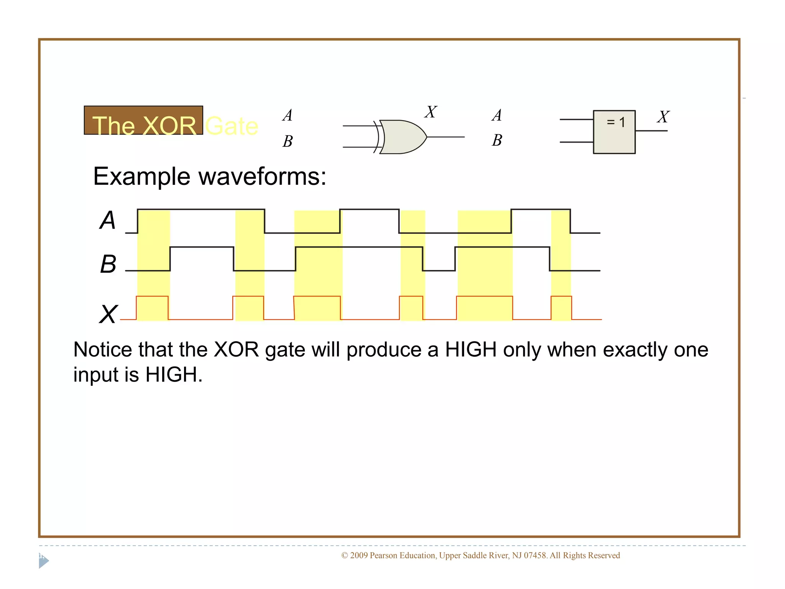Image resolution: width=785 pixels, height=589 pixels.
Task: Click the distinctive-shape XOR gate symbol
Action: pyautogui.click(x=402, y=137)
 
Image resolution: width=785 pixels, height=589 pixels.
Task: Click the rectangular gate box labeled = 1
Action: pyautogui.click(x=614, y=132)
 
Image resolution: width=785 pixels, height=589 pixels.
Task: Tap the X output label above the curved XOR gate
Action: pyautogui.click(x=431, y=112)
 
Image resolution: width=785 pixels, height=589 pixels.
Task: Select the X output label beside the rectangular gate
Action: pyautogui.click(x=663, y=117)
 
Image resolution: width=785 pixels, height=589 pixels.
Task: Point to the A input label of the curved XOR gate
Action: pyautogui.click(x=287, y=115)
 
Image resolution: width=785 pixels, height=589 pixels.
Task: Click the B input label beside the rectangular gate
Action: pyautogui.click(x=497, y=140)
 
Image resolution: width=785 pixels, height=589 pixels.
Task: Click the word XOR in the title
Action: pyautogui.click(x=169, y=126)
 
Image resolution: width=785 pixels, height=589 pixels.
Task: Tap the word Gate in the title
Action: pyautogui.click(x=232, y=126)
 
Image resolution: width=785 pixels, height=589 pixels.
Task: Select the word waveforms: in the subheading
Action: pyautogui.click(x=262, y=177)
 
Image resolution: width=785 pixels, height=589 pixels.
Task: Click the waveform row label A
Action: pyautogui.click(x=108, y=220)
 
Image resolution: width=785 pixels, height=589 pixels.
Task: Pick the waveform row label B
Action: pyautogui.click(x=108, y=264)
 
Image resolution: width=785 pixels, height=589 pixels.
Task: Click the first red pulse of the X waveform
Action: pyautogui.click(x=152, y=308)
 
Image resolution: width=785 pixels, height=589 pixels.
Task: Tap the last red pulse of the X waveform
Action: pyautogui.click(x=561, y=308)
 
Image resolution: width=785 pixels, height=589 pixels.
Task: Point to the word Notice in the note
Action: pyautogui.click(x=102, y=350)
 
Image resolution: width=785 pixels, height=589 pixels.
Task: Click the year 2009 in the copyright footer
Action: pyautogui.click(x=359, y=555)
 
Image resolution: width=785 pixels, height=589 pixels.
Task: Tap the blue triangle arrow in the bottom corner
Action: pyautogui.click(x=43, y=562)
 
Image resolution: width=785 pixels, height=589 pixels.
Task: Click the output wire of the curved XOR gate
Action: pyautogui.click(x=445, y=137)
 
